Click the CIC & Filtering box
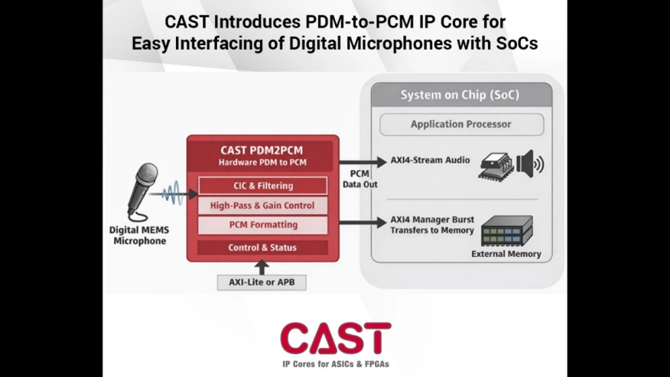262,186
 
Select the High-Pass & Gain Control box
262,206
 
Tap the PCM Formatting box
262,226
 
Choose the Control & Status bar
262,248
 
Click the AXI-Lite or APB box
262,282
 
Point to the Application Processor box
460,124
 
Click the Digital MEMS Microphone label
140,235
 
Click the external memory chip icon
506,229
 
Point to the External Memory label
506,254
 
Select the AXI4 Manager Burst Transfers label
431,225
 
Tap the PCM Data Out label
359,179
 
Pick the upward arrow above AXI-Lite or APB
262,267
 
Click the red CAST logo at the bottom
335,338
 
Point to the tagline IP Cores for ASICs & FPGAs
335,364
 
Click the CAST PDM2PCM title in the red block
262,150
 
